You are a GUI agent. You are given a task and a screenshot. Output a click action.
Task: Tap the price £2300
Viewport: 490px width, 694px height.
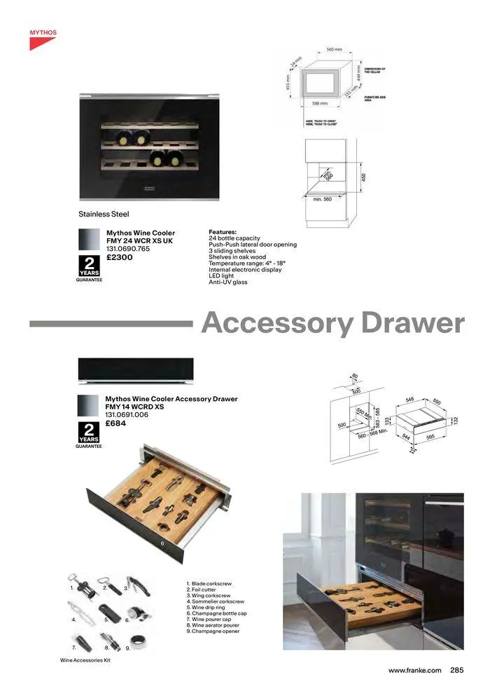[x=119, y=257]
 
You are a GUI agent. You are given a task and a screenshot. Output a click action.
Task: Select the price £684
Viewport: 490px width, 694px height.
[x=115, y=423]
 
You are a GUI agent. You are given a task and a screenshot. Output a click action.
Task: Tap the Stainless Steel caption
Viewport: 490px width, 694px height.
[x=104, y=214]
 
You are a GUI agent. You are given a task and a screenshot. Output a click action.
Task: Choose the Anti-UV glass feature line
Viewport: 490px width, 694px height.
[x=228, y=282]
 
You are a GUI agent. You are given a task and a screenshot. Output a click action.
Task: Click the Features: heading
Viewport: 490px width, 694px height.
[x=223, y=232]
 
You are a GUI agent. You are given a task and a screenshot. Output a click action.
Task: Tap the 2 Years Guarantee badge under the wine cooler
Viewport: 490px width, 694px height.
[x=89, y=268]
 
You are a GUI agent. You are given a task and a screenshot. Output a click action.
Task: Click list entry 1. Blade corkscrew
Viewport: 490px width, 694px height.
[x=211, y=583]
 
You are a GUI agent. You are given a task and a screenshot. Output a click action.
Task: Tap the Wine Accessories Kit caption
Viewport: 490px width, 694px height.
[x=85, y=660]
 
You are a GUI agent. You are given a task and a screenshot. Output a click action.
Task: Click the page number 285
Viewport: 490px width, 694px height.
[x=456, y=670]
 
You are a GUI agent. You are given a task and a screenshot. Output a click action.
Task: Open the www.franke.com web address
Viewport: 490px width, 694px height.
[x=415, y=670]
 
